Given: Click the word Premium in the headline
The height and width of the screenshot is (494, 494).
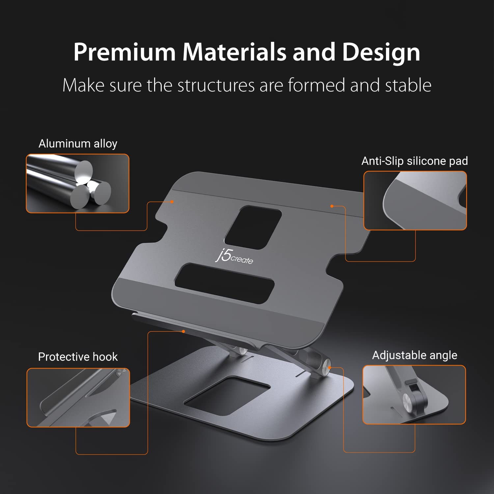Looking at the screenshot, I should [124, 52].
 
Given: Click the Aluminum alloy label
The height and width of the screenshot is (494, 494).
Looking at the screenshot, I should [78, 144].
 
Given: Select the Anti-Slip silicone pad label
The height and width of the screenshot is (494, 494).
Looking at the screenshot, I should [415, 161].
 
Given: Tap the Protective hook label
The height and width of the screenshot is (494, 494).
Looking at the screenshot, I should [78, 357].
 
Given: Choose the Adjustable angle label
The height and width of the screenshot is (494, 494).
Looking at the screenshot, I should [415, 355].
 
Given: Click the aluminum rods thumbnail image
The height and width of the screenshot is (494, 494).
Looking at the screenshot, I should [78, 183].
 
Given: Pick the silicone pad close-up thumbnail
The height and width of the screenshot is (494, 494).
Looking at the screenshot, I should [415, 200].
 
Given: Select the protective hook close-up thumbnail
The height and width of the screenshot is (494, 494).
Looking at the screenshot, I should [78, 398].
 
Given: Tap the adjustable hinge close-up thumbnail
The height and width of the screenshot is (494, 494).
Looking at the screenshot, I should [414, 395].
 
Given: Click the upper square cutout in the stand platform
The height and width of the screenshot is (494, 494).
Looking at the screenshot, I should [253, 227].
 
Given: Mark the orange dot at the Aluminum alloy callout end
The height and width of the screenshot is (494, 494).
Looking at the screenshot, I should [172, 202].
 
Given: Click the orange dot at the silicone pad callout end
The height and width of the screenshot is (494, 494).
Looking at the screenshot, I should [332, 206].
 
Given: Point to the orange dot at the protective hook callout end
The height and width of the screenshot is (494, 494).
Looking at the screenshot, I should [183, 331].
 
